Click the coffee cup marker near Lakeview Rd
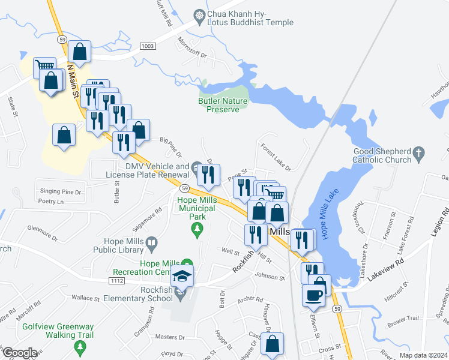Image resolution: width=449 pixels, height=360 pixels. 315,295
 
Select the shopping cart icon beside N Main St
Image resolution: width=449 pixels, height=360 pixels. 44,67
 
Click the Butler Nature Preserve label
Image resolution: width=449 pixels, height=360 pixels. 223,105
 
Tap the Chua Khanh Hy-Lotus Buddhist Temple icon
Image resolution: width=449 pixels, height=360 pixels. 199,14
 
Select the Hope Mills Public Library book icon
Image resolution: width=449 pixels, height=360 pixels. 152,243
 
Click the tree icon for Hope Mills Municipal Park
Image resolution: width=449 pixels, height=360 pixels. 196,229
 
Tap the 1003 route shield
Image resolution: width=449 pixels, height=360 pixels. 148,46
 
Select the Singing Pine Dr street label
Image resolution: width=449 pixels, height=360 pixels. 60,191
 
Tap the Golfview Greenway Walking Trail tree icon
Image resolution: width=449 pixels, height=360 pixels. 79,347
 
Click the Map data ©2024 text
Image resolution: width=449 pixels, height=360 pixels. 423,355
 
